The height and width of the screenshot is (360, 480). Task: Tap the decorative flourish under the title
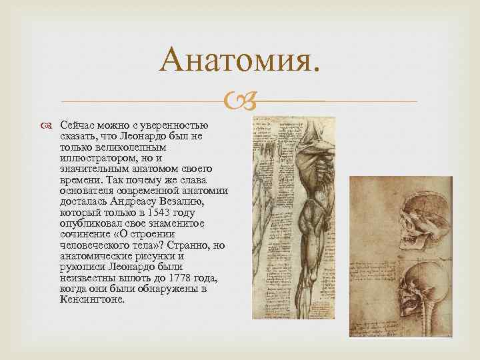click(x=239, y=102)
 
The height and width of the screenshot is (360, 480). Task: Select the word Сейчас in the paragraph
click(x=78, y=126)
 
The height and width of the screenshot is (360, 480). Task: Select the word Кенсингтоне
click(x=92, y=299)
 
